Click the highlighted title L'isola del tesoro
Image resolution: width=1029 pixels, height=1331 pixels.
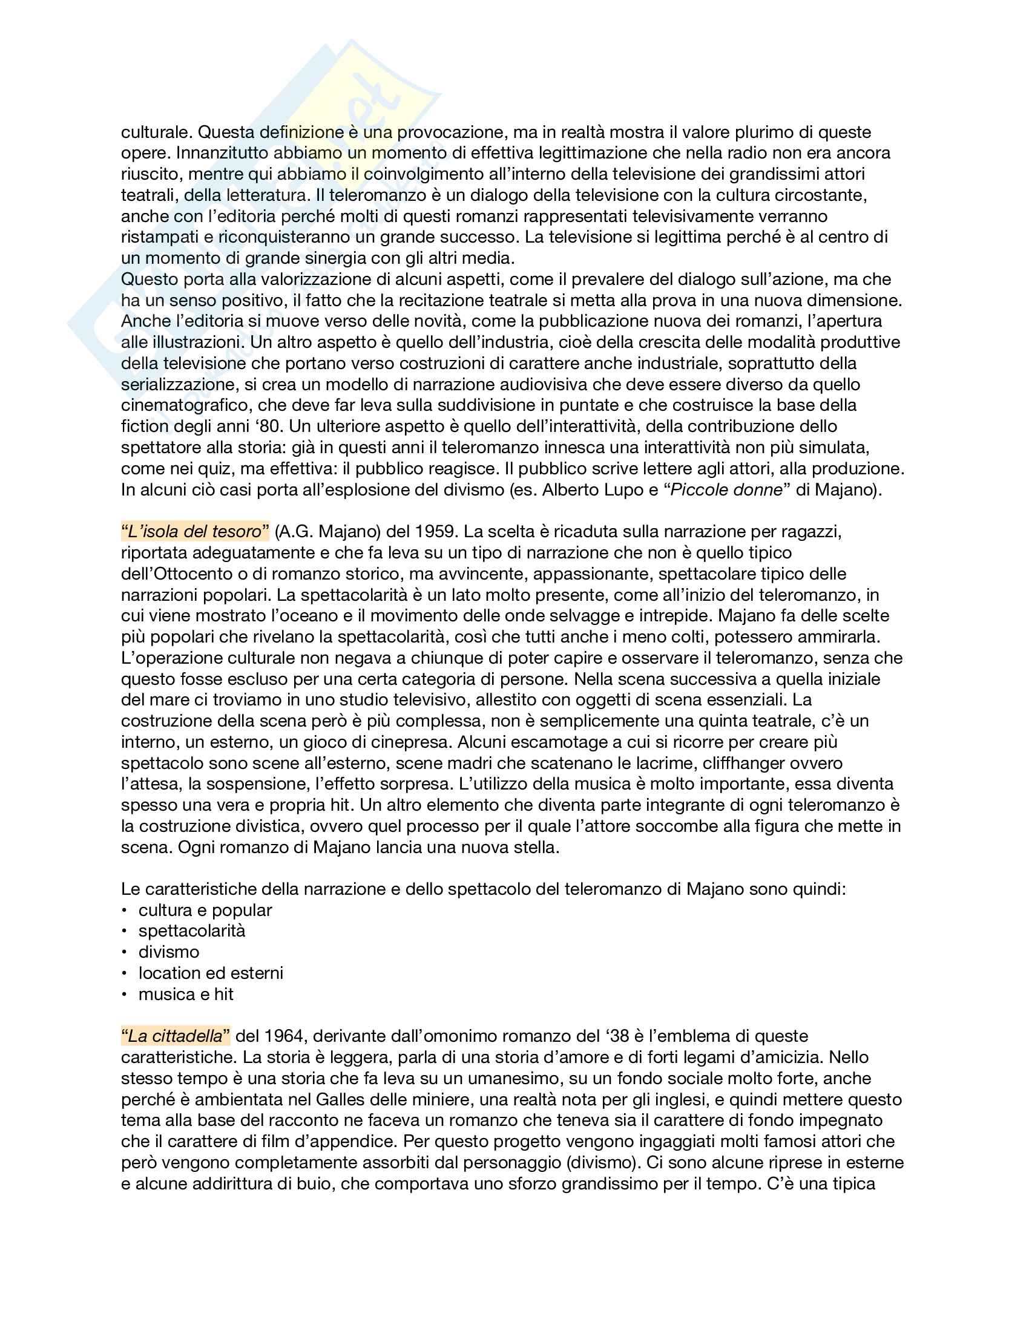[195, 531]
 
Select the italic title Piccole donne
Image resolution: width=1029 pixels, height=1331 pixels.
[726, 489]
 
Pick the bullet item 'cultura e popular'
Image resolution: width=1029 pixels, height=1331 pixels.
[205, 910]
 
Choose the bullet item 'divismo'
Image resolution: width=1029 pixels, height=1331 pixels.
[169, 952]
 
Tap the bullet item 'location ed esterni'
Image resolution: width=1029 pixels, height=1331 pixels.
[211, 973]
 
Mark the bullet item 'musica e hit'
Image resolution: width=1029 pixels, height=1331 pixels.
[186, 994]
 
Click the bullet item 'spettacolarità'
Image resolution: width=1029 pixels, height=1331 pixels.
[192, 930]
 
